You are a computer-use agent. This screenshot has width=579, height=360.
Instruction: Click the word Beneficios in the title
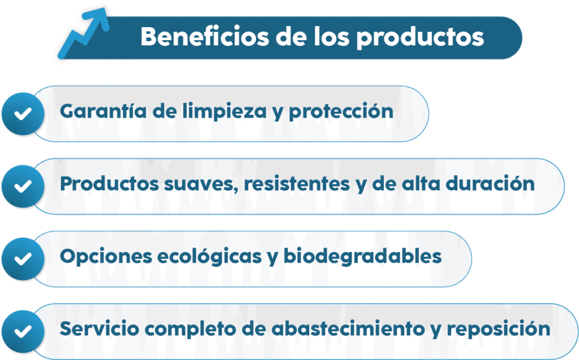(205, 37)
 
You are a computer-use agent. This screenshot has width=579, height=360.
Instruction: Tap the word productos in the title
(420, 38)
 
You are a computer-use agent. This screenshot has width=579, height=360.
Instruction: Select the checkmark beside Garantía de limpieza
(23, 114)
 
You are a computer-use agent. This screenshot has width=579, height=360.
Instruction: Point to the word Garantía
(103, 111)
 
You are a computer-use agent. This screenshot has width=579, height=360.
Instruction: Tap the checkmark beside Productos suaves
(23, 186)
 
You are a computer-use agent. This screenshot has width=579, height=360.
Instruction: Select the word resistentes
(297, 184)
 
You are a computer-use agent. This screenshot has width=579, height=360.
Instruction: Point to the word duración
(490, 183)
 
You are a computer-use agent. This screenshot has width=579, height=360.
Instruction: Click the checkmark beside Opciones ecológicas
(23, 259)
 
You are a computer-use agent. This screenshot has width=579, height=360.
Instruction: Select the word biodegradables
(362, 256)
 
